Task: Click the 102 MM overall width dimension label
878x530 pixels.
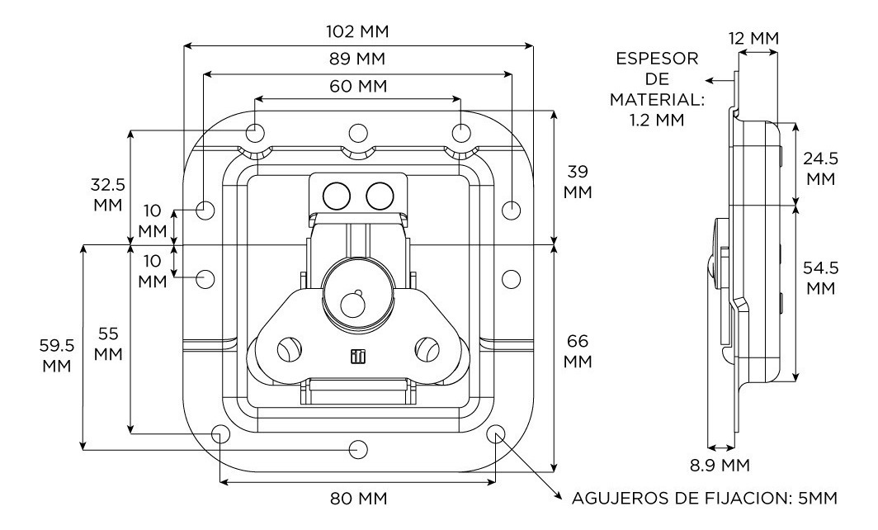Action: point(357,32)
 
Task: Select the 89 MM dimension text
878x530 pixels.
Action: point(357,59)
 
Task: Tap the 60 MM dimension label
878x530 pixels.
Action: point(357,86)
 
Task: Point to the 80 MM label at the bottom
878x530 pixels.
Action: point(357,499)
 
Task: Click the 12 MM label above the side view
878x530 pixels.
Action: point(754,38)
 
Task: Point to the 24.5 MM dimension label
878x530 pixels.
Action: point(819,168)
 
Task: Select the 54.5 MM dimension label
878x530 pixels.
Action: point(819,278)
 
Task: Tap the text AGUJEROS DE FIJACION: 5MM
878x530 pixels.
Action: point(705,499)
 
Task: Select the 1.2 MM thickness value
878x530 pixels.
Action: point(654,119)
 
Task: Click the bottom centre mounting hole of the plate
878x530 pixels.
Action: point(357,448)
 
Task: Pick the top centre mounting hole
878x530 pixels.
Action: point(357,133)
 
